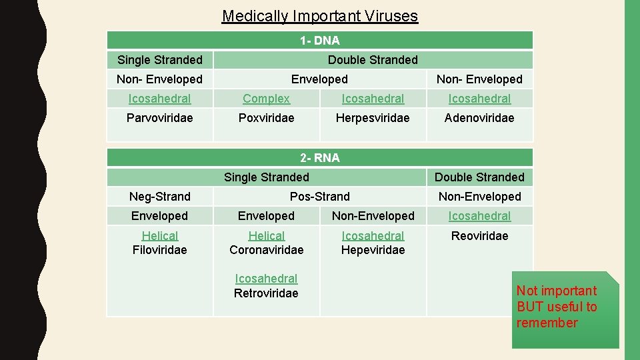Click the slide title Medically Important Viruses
click(320, 16)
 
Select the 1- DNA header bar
click(320, 41)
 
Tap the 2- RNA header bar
click(320, 158)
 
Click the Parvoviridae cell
click(160, 118)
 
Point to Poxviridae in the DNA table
click(266, 118)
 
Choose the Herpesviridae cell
click(373, 118)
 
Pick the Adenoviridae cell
click(479, 118)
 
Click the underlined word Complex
click(266, 99)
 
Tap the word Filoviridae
click(160, 250)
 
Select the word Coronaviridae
click(266, 250)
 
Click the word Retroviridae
click(266, 293)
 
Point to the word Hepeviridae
click(373, 250)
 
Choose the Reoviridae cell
click(479, 236)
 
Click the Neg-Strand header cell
click(160, 197)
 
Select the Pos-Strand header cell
click(320, 197)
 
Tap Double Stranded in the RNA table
click(479, 177)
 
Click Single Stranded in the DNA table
click(160, 60)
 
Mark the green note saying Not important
click(565, 307)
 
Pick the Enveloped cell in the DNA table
click(320, 79)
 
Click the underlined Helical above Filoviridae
click(160, 236)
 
